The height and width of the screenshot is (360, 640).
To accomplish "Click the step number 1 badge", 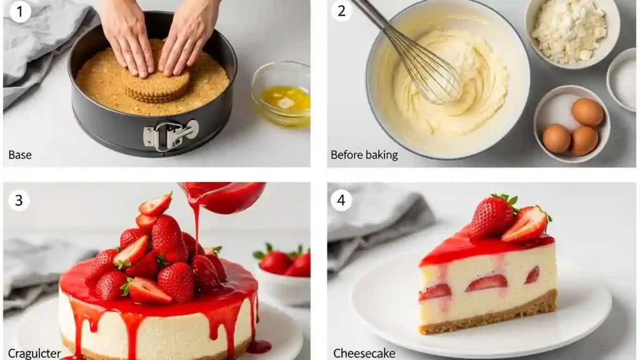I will click(20, 11).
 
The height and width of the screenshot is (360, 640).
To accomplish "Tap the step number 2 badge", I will click(341, 11).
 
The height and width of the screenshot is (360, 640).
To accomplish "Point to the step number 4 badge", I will click(341, 201).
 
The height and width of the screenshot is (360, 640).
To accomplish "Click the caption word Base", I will click(20, 155).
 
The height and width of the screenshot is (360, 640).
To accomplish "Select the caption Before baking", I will click(364, 155).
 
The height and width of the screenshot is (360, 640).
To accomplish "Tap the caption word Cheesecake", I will click(364, 353).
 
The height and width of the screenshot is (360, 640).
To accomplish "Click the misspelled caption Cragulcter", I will click(34, 353).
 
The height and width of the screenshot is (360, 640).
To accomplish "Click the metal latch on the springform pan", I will click(170, 134).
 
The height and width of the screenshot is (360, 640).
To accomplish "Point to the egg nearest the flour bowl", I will click(587, 112).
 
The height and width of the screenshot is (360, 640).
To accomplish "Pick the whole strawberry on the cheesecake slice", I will click(492, 216).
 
